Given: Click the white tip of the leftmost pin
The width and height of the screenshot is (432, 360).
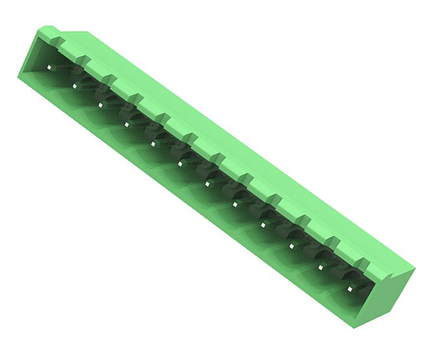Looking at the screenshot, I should coord(49,67).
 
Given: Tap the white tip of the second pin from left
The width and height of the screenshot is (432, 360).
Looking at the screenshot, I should coord(75,85).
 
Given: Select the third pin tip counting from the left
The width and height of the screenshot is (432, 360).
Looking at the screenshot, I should coord(101,102).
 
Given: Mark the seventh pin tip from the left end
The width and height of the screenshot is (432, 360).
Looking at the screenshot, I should coord(208,184).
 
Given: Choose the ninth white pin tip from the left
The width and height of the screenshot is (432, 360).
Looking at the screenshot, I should coord(263,224).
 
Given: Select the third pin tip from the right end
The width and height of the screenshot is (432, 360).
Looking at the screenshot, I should coord(292,245).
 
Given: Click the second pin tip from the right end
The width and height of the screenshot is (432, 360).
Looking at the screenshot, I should coord(320,267).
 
